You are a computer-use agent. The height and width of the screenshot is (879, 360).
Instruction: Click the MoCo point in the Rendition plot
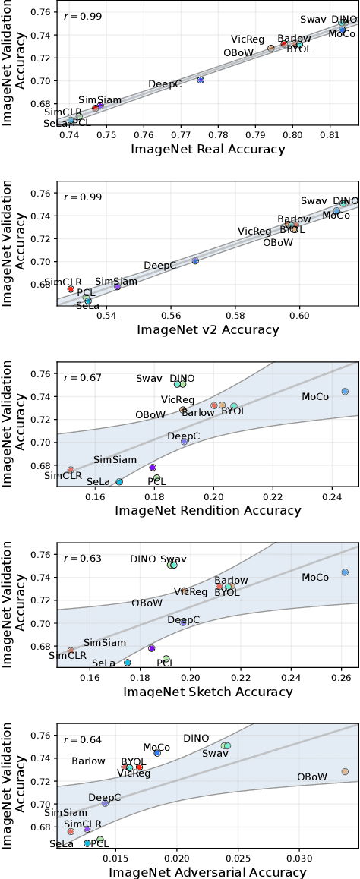click(x=345, y=392)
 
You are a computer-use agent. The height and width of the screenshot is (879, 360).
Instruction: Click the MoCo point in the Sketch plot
click(x=345, y=572)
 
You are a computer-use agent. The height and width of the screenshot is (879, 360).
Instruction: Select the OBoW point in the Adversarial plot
click(x=345, y=771)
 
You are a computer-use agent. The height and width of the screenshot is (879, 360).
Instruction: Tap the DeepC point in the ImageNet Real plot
click(x=201, y=80)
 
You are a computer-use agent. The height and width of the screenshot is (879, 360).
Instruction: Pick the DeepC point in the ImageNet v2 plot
click(x=195, y=260)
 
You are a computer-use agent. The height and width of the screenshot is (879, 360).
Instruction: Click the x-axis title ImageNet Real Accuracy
click(x=207, y=149)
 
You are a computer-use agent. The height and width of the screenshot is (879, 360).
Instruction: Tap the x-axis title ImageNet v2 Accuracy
click(x=207, y=329)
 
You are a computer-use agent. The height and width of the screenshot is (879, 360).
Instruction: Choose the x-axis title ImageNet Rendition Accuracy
click(x=207, y=510)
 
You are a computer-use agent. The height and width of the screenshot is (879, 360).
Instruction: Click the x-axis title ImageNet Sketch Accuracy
click(x=207, y=692)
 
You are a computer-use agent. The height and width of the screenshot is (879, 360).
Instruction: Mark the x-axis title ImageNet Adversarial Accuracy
click(x=207, y=872)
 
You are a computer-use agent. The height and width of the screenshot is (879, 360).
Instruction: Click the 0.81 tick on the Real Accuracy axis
click(x=330, y=134)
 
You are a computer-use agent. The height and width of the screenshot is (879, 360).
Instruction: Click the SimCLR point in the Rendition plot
click(x=71, y=470)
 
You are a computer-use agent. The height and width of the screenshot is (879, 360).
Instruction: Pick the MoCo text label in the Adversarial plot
click(x=156, y=748)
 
